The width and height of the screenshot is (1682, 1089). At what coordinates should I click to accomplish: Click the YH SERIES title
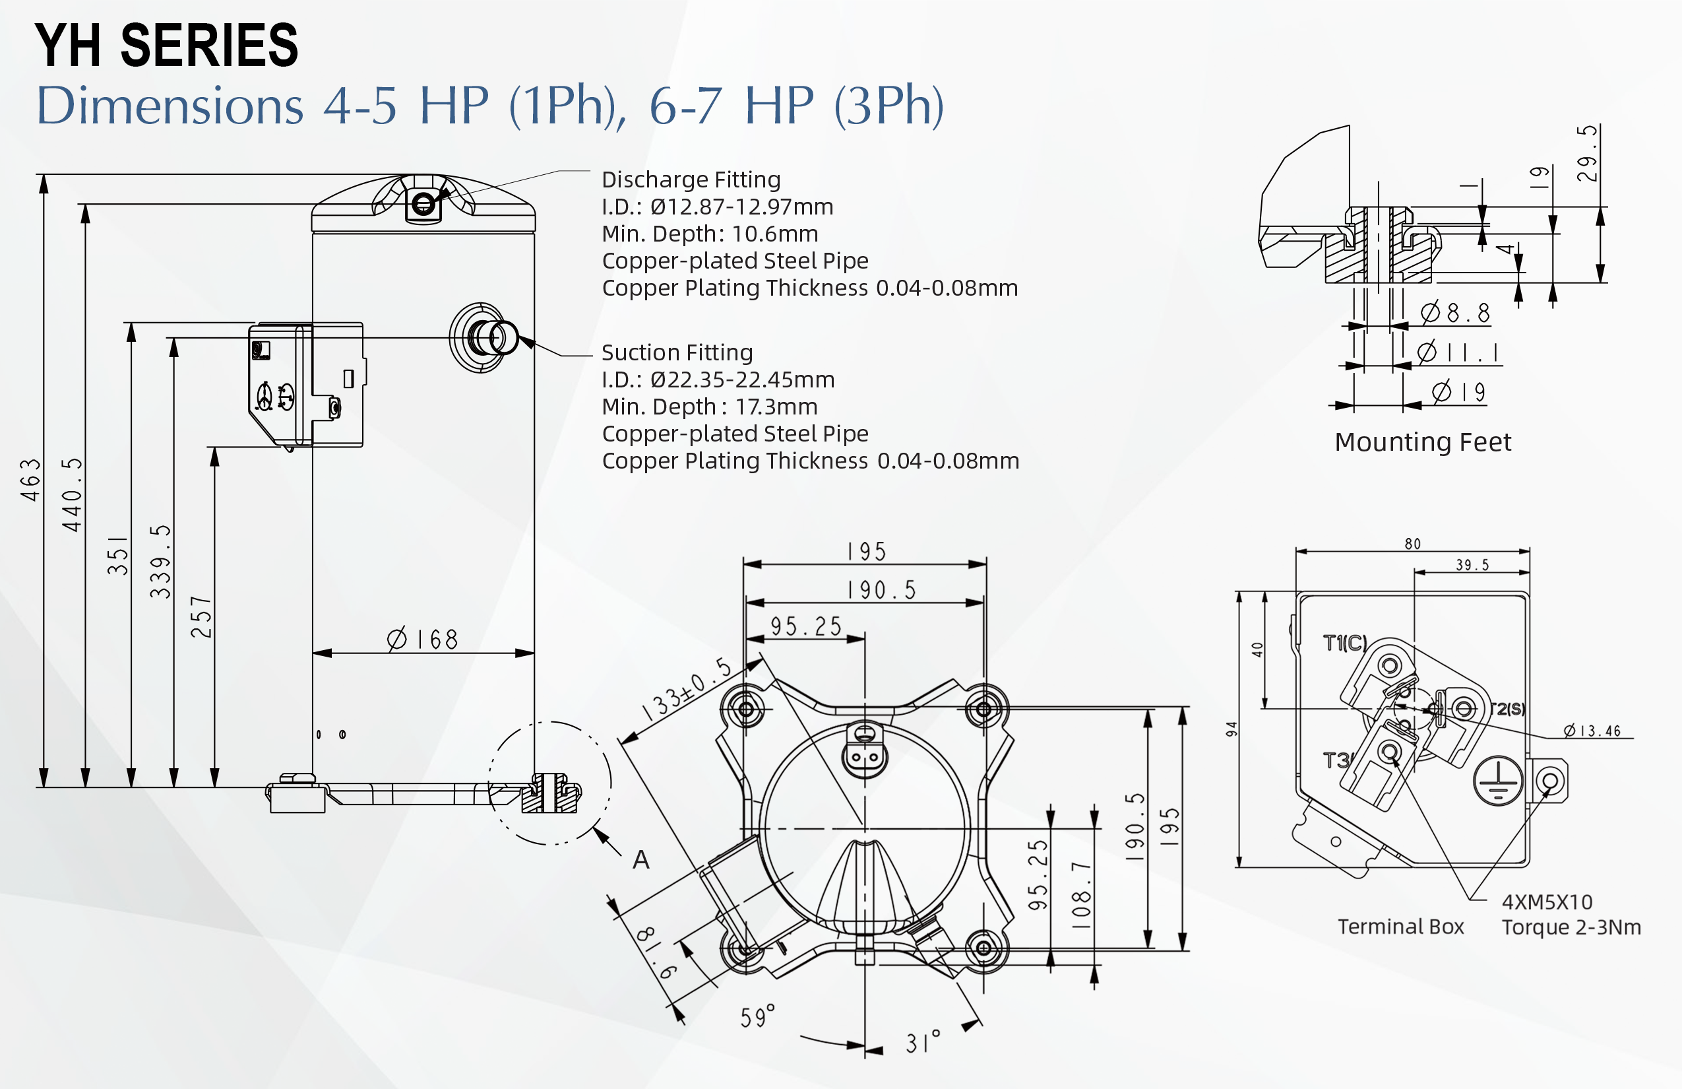[x=167, y=45]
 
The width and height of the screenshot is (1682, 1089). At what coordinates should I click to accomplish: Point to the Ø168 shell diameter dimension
[x=423, y=640]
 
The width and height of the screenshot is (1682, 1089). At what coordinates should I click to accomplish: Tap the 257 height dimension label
[x=201, y=616]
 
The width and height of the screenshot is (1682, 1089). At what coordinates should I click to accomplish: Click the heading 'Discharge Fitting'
[x=691, y=180]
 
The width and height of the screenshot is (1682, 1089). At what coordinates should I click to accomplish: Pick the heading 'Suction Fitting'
[x=677, y=352]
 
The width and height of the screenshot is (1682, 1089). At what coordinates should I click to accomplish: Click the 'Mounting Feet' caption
[x=1423, y=442]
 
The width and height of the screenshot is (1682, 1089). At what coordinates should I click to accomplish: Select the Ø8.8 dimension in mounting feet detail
[x=1456, y=313]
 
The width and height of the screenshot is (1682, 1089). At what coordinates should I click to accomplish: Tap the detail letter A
[x=641, y=860]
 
